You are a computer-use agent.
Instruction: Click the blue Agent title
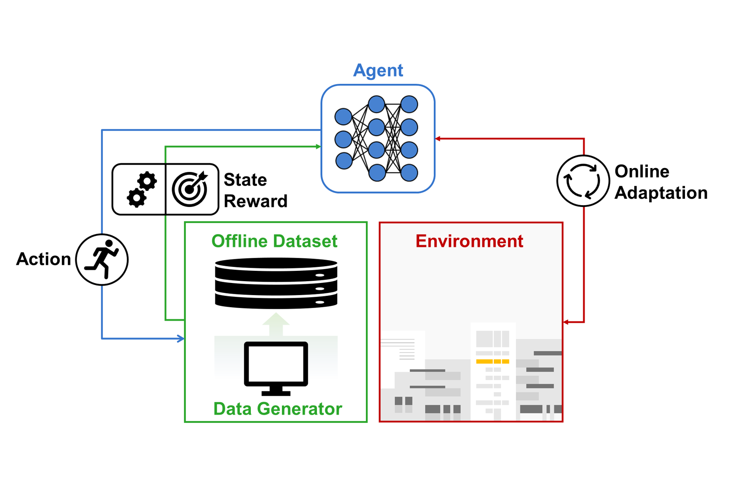pos(378,70)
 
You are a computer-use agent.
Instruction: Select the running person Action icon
pos(102,260)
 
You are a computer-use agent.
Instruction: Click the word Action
pos(43,259)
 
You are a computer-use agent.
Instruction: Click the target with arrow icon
pos(190,189)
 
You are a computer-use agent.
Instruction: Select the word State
pos(245,180)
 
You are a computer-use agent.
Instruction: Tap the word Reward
pos(255,201)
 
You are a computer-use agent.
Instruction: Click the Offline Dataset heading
pos(274,241)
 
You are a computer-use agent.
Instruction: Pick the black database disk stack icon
pos(276,283)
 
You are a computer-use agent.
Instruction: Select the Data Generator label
pos(278,409)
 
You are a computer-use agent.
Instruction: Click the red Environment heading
pos(469,241)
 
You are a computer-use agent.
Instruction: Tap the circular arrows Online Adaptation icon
pos(583,181)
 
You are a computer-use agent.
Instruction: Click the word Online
pos(642,172)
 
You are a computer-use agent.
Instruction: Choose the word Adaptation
pos(661,193)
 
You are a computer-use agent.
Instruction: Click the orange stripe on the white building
pos(493,361)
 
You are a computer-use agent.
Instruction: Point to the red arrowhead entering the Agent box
pos(438,139)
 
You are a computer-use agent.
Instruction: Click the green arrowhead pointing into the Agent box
pos(318,146)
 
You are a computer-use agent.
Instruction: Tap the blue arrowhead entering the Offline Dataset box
pos(181,339)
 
